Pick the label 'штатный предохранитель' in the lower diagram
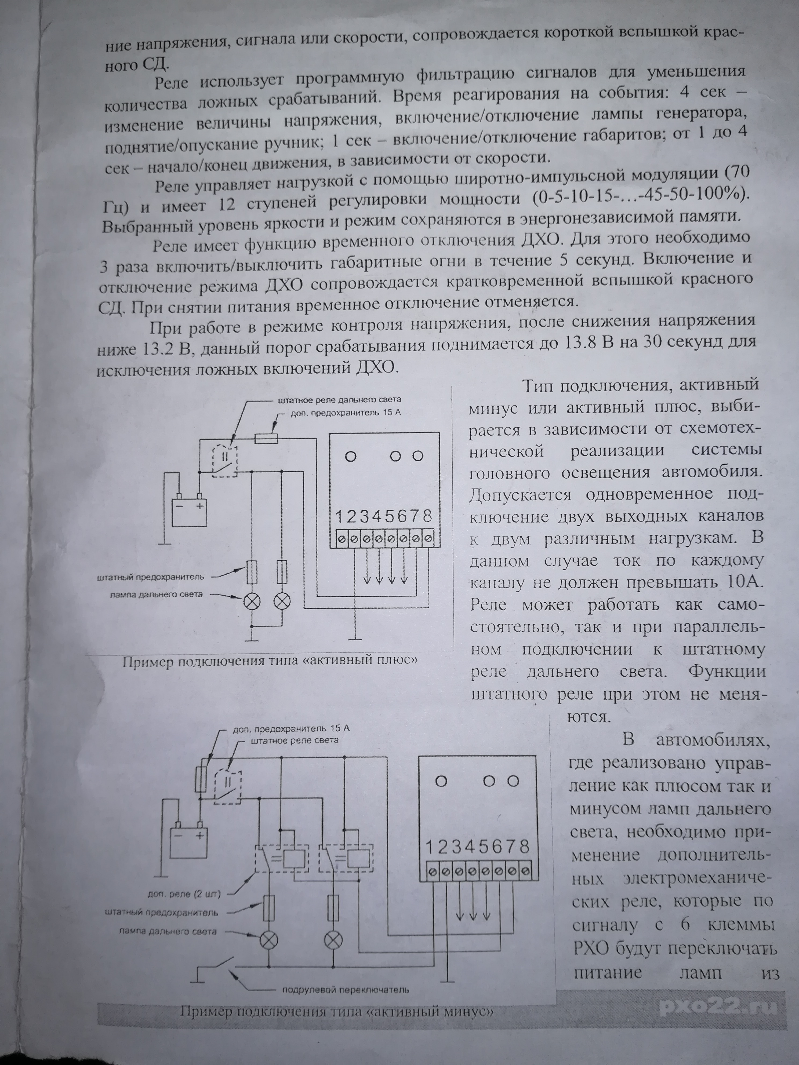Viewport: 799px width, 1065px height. pyautogui.click(x=161, y=912)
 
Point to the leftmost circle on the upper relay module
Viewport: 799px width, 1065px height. pyautogui.click(x=351, y=456)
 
